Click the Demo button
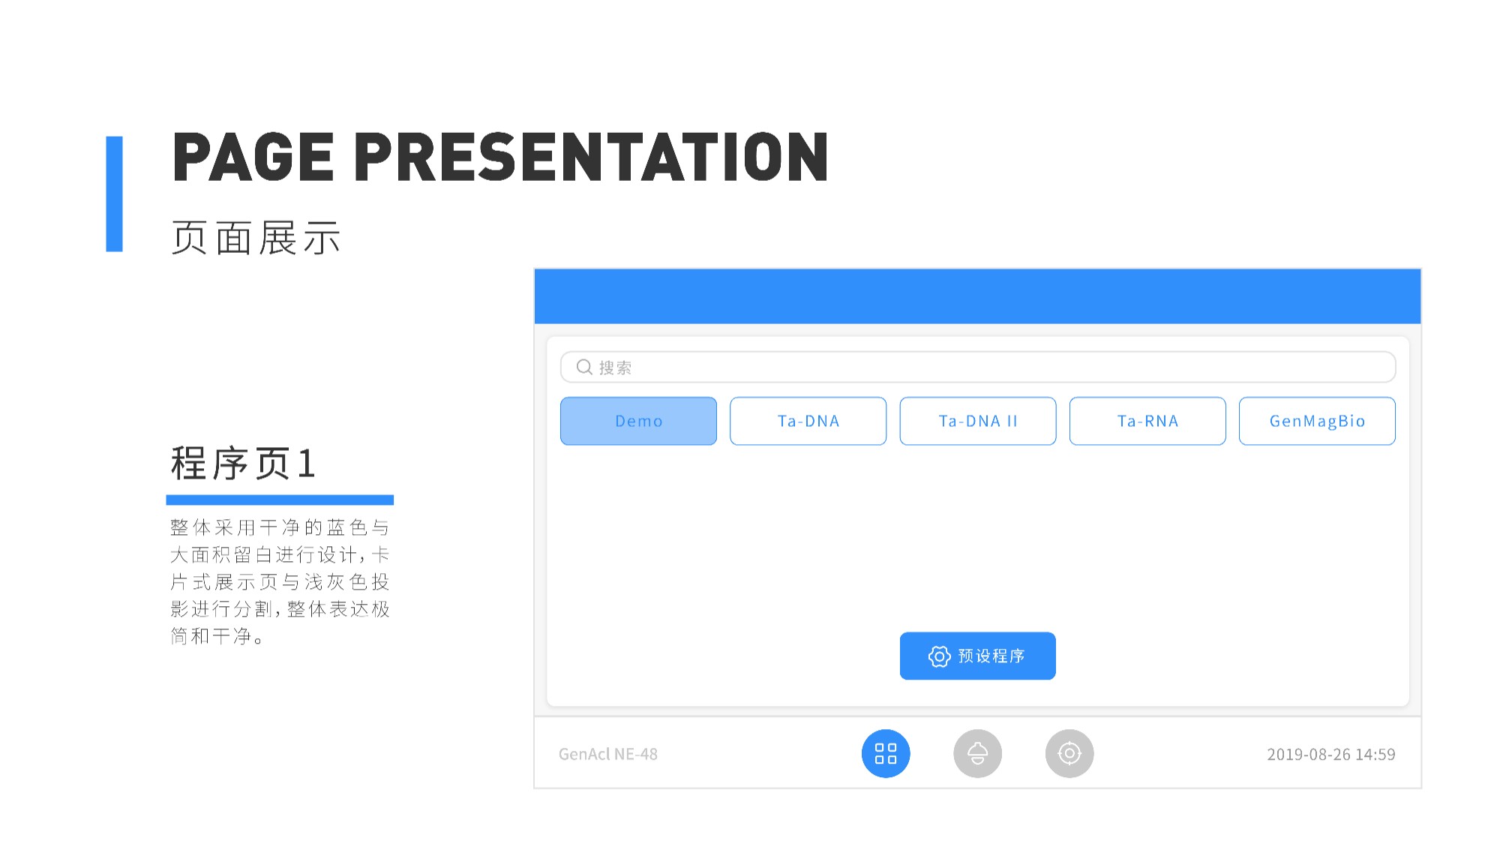click(x=638, y=421)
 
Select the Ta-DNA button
click(x=808, y=421)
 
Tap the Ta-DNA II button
click(x=978, y=421)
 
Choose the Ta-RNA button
click(x=1147, y=421)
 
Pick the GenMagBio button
click(x=1317, y=421)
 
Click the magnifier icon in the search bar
click(x=584, y=367)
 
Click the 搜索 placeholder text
click(x=615, y=368)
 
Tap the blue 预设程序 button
click(x=978, y=656)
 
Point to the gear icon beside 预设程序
click(x=939, y=656)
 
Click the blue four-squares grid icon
click(x=886, y=753)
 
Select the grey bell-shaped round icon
click(x=977, y=753)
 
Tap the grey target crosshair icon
click(x=1069, y=753)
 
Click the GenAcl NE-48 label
click(x=608, y=754)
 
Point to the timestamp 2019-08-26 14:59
click(x=1331, y=754)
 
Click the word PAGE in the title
click(x=253, y=157)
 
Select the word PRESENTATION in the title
click(x=591, y=157)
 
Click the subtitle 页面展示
click(x=256, y=238)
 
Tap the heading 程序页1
click(x=243, y=463)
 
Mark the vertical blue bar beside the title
click(x=114, y=194)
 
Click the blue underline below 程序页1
click(x=280, y=500)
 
